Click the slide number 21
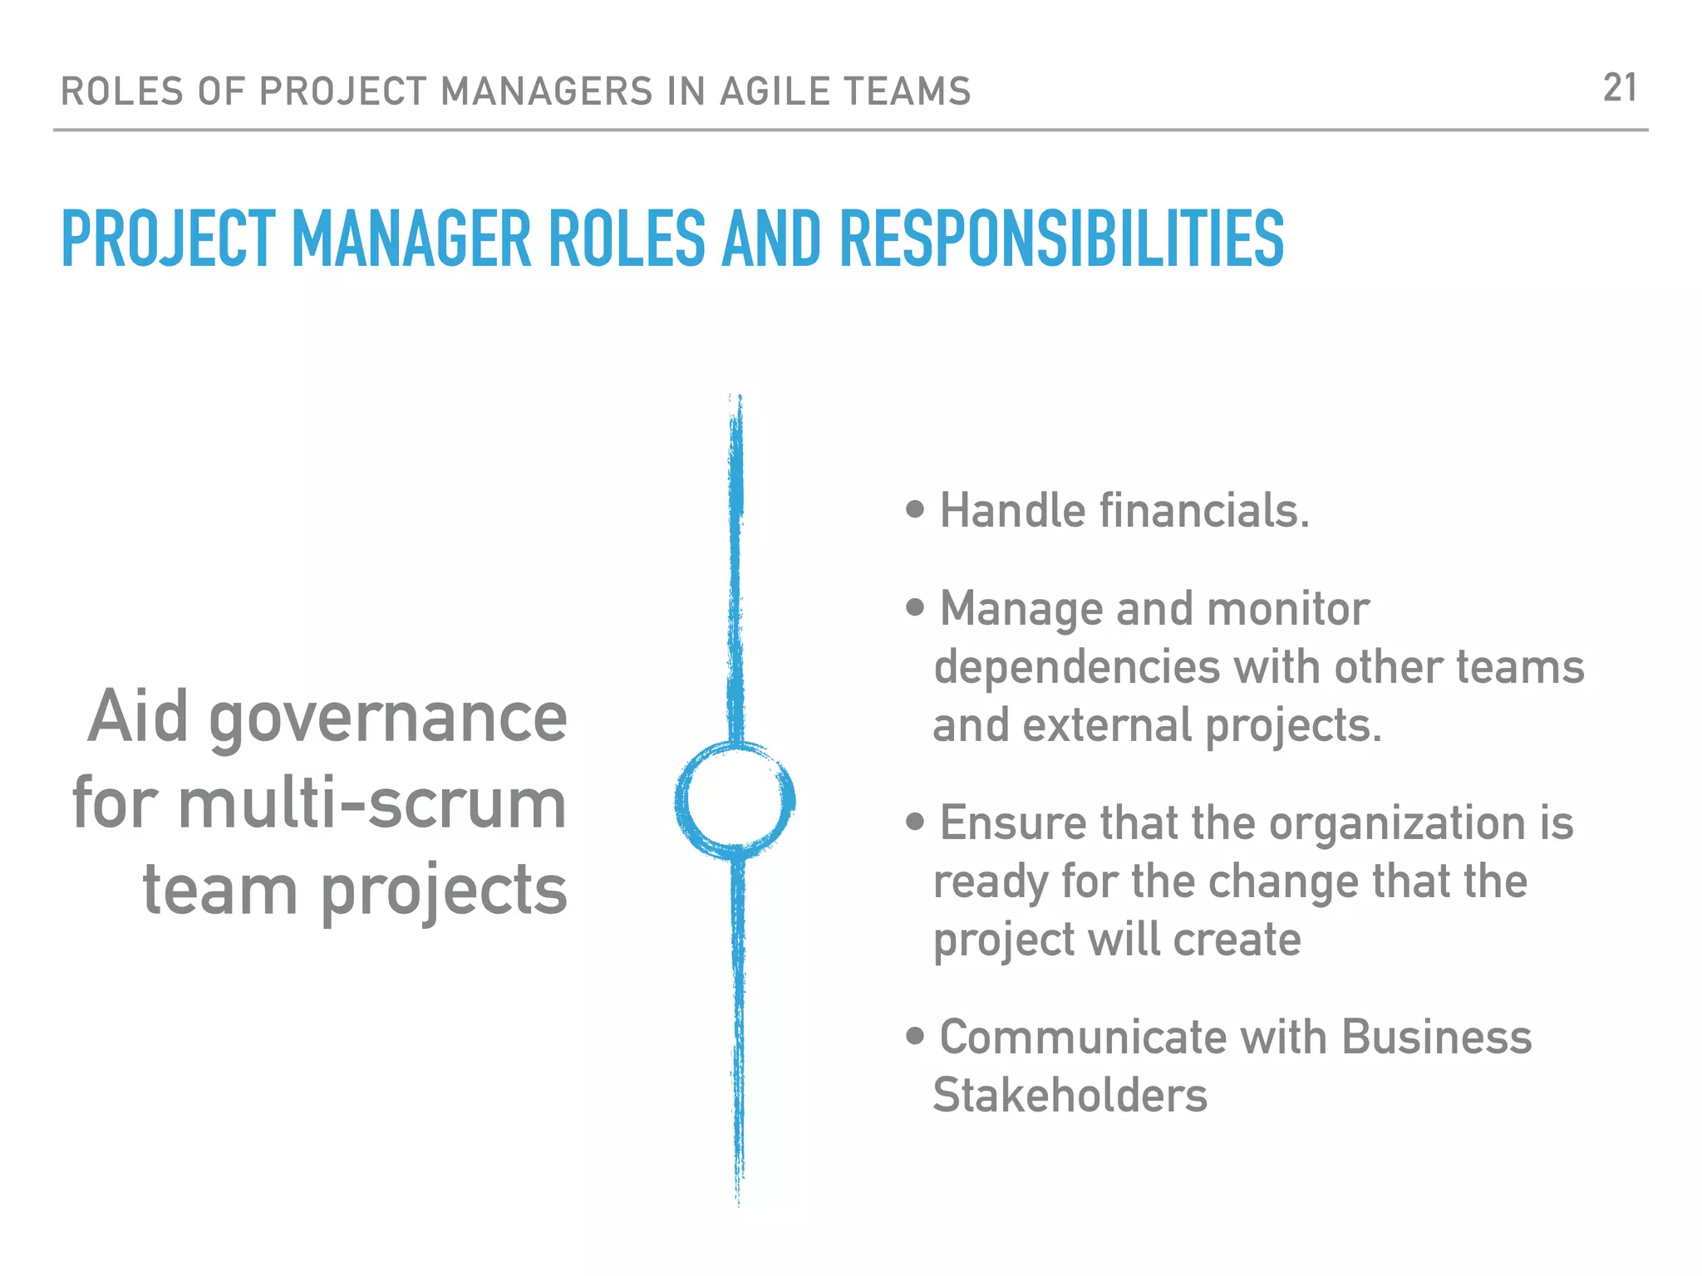click(1619, 88)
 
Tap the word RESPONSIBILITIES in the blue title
click(1061, 239)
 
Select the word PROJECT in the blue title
click(169, 239)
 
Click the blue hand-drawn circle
click(735, 800)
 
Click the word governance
click(388, 718)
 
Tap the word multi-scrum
click(372, 803)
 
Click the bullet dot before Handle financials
click(915, 509)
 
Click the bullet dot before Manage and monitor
click(915, 607)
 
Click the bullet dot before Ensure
click(915, 822)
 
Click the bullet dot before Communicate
click(915, 1036)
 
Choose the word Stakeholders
click(1070, 1095)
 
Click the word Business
click(1436, 1037)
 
